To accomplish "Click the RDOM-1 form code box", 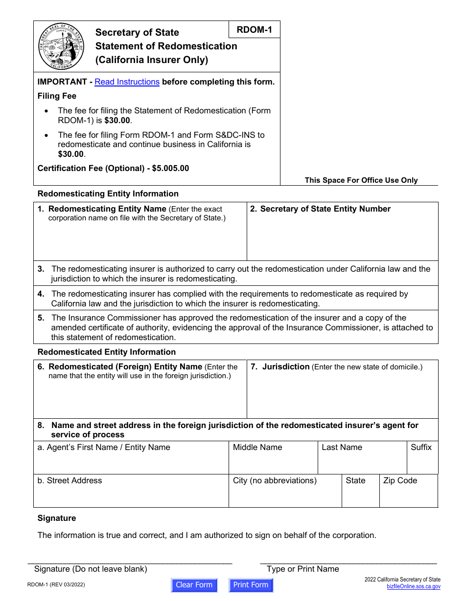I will (x=254, y=30).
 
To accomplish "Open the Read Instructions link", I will (x=127, y=82).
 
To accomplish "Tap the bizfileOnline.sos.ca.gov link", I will (x=413, y=586).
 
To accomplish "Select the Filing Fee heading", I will (x=57, y=96).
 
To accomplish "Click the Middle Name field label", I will (x=257, y=447).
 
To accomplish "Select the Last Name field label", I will (x=342, y=447).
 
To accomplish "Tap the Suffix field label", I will (x=421, y=447).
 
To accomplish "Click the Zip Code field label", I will (x=400, y=480).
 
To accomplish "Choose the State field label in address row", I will (x=355, y=480).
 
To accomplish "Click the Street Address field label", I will (x=70, y=480).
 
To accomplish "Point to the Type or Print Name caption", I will (x=302, y=569).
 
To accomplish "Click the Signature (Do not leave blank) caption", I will (x=91, y=569).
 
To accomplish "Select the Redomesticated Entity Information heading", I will (x=107, y=352).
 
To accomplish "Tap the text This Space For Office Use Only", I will (x=361, y=180).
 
